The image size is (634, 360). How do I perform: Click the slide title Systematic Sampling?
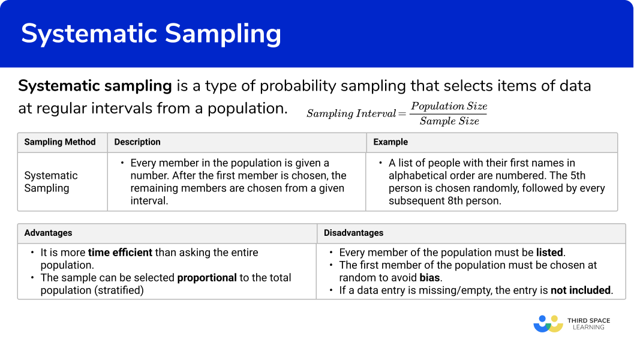[x=151, y=34]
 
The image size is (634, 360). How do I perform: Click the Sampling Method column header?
[x=60, y=142]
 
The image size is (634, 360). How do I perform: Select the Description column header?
[x=137, y=142]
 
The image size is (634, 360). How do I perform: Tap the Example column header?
[x=390, y=142]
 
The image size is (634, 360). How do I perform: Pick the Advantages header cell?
[x=48, y=233]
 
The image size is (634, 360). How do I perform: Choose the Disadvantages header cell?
[x=353, y=233]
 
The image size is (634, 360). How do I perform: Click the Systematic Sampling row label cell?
[x=51, y=182]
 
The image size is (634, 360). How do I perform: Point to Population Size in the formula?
[x=449, y=106]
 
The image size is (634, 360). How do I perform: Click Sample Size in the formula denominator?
[x=449, y=121]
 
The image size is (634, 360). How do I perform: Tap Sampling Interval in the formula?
[x=351, y=113]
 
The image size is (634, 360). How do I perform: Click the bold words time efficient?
[x=120, y=253]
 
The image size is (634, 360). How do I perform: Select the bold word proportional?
[x=207, y=278]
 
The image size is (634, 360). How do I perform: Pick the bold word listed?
[x=549, y=253]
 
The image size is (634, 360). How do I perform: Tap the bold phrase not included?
[x=581, y=290]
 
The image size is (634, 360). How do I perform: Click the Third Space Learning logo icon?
[x=548, y=324]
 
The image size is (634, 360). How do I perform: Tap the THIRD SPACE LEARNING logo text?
[x=588, y=324]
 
